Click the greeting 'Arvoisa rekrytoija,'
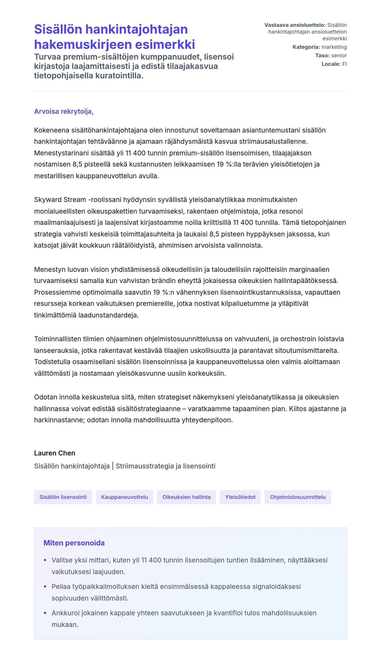(x=64, y=111)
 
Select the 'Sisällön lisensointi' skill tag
(x=63, y=497)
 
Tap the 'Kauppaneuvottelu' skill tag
(x=125, y=497)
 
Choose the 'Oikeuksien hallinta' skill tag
(x=186, y=497)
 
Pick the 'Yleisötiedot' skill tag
(x=240, y=497)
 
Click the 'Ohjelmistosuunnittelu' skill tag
(x=298, y=497)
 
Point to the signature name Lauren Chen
(x=54, y=453)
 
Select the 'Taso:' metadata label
(x=322, y=55)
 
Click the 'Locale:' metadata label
(x=331, y=64)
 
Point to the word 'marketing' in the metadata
(x=334, y=47)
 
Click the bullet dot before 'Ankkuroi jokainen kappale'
(x=45, y=613)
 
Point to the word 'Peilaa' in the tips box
(x=61, y=586)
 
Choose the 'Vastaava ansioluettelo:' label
(x=295, y=25)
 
